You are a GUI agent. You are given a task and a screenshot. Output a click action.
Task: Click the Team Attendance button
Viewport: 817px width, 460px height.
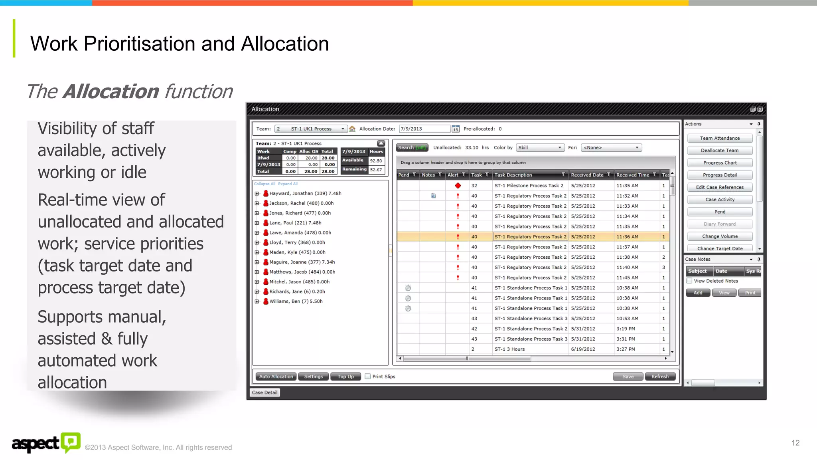click(720, 138)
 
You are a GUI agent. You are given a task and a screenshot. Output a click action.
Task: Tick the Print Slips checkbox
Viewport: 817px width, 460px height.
click(368, 376)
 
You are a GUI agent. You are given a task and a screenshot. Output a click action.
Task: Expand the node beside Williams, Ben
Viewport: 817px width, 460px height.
click(257, 301)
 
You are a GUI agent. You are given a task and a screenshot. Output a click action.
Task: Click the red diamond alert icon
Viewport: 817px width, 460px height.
click(458, 186)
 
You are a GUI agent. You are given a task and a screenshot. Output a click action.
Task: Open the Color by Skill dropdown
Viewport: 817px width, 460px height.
click(540, 148)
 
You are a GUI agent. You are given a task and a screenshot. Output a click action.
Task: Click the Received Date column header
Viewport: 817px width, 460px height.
click(587, 175)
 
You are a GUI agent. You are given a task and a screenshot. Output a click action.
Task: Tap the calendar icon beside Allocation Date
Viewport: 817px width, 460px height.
click(455, 129)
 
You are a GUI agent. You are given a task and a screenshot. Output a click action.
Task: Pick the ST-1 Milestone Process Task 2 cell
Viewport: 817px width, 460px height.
click(529, 186)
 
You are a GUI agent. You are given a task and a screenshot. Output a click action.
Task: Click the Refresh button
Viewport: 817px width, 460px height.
click(660, 377)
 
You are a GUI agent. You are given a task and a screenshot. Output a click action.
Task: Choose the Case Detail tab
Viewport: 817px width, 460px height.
click(264, 393)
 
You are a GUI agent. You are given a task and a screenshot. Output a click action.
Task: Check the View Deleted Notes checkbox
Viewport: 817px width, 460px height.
click(689, 281)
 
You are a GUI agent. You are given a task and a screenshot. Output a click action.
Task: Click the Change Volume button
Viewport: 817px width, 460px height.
click(720, 236)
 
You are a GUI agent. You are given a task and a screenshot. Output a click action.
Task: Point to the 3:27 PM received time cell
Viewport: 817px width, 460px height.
click(626, 349)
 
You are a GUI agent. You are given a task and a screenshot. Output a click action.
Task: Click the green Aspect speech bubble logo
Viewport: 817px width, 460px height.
click(71, 442)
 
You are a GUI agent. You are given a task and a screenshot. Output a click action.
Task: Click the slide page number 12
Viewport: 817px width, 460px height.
click(795, 443)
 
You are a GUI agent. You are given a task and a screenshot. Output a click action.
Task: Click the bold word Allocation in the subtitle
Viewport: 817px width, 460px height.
click(111, 91)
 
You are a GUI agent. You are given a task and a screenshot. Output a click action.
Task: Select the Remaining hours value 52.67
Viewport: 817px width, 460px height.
click(376, 170)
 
